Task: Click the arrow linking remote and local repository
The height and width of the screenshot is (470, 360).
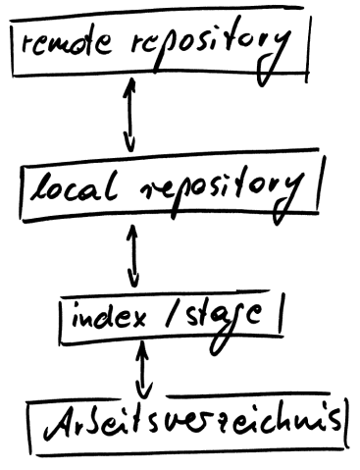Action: click(x=127, y=113)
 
